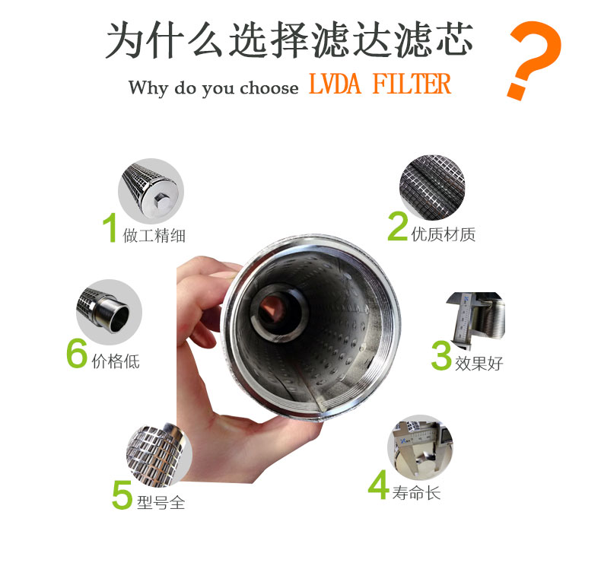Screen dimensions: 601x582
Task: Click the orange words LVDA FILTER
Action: click(380, 84)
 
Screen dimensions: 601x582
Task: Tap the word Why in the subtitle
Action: click(148, 87)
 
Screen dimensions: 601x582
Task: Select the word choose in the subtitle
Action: click(269, 87)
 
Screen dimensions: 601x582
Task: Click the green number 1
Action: click(110, 227)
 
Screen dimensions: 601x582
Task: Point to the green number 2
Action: click(397, 226)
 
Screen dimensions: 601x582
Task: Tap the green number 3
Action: click(441, 355)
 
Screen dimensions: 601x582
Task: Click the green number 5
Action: click(122, 495)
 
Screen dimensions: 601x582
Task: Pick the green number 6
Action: click(77, 353)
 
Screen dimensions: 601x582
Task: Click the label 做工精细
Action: click(154, 235)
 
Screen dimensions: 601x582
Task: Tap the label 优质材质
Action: click(444, 234)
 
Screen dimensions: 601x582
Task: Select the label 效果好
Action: click(479, 364)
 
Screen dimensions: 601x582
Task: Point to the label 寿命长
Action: click(416, 493)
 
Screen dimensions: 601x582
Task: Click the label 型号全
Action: click(161, 502)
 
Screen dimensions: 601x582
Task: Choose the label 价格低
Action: click(116, 361)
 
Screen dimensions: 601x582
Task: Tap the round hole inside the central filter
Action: click(275, 310)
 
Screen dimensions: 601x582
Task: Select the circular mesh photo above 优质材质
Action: click(432, 187)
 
